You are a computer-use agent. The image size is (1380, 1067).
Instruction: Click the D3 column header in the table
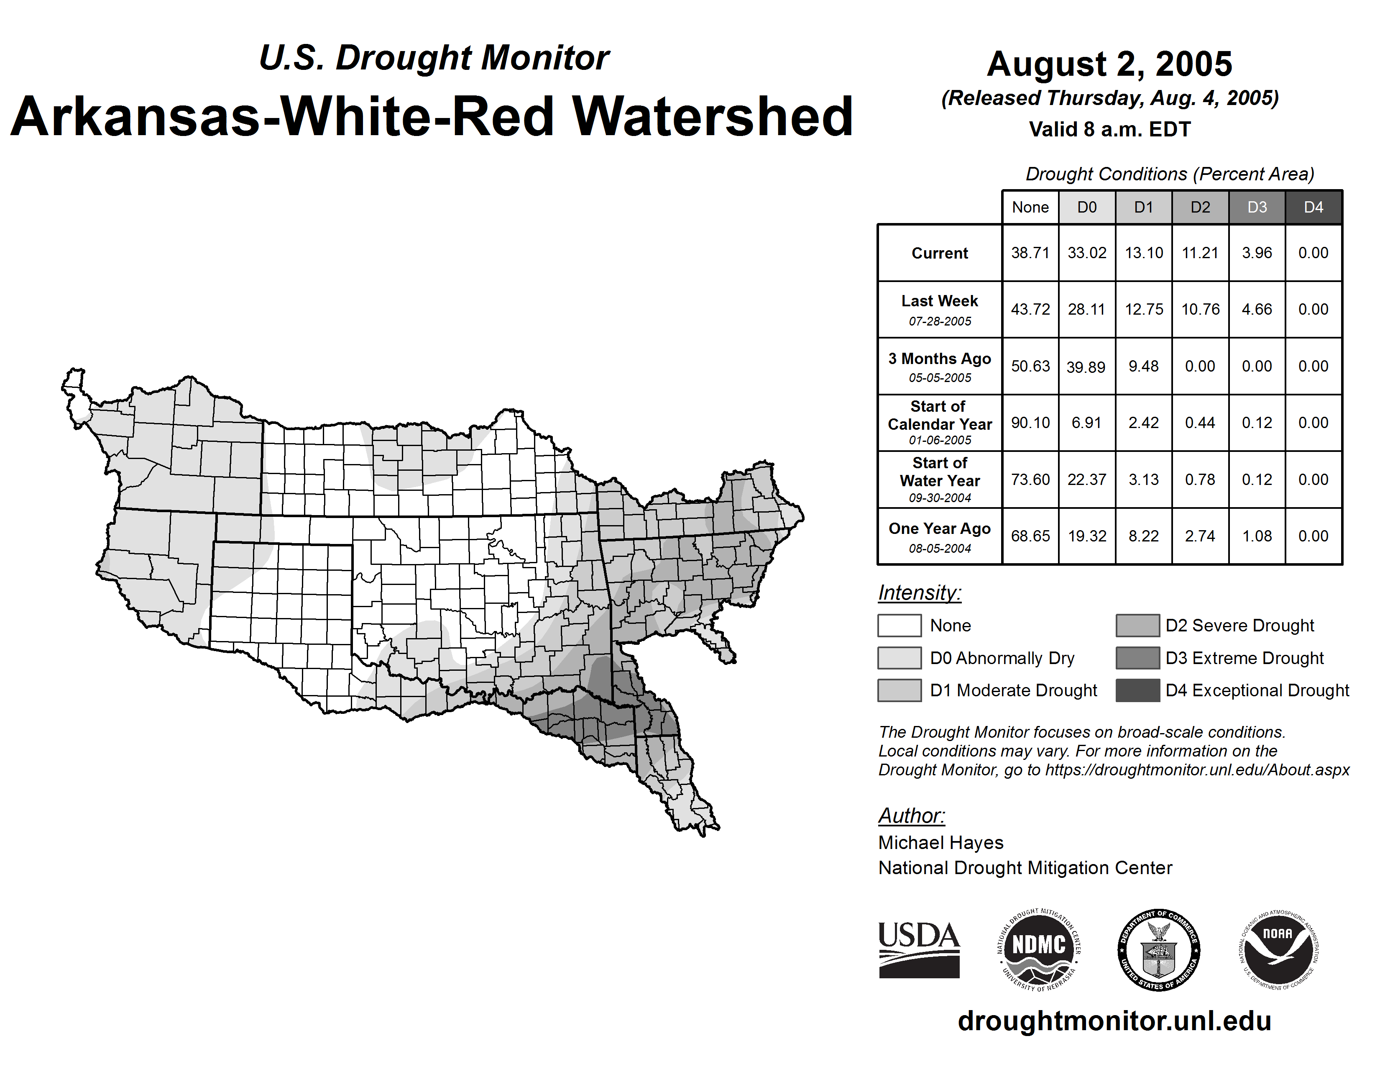point(1257,207)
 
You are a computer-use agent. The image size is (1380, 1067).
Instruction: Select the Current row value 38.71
point(1030,253)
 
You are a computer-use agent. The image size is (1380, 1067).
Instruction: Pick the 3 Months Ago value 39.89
point(1086,367)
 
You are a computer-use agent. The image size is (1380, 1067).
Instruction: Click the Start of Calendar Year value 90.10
point(1030,422)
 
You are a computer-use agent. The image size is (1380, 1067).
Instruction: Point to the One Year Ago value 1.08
point(1257,536)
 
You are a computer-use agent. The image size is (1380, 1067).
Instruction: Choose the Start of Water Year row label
point(940,480)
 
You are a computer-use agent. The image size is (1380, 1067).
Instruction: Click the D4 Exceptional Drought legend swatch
point(1137,690)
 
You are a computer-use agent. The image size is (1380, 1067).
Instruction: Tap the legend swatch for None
point(899,625)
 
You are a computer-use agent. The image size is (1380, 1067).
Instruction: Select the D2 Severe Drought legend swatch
point(1137,625)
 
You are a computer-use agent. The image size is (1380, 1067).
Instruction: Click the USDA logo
point(919,949)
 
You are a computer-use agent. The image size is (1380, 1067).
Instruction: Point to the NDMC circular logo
point(1039,949)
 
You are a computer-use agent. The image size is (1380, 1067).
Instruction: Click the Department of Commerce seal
point(1159,949)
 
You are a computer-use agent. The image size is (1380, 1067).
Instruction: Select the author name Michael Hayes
point(940,843)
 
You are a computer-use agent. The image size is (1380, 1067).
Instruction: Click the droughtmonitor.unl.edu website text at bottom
point(1114,1021)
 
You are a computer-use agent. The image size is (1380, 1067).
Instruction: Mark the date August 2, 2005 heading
point(1109,64)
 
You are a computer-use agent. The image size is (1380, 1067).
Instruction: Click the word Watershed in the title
point(713,117)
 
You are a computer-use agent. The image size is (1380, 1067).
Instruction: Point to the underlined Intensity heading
point(919,593)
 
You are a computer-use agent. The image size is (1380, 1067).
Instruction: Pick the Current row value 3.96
point(1257,253)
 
